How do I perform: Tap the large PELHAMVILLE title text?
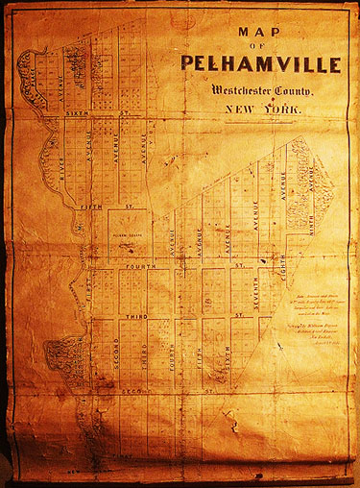258,65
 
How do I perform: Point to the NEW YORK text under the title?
262,110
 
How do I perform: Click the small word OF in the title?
256,46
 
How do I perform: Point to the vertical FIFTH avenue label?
201,356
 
